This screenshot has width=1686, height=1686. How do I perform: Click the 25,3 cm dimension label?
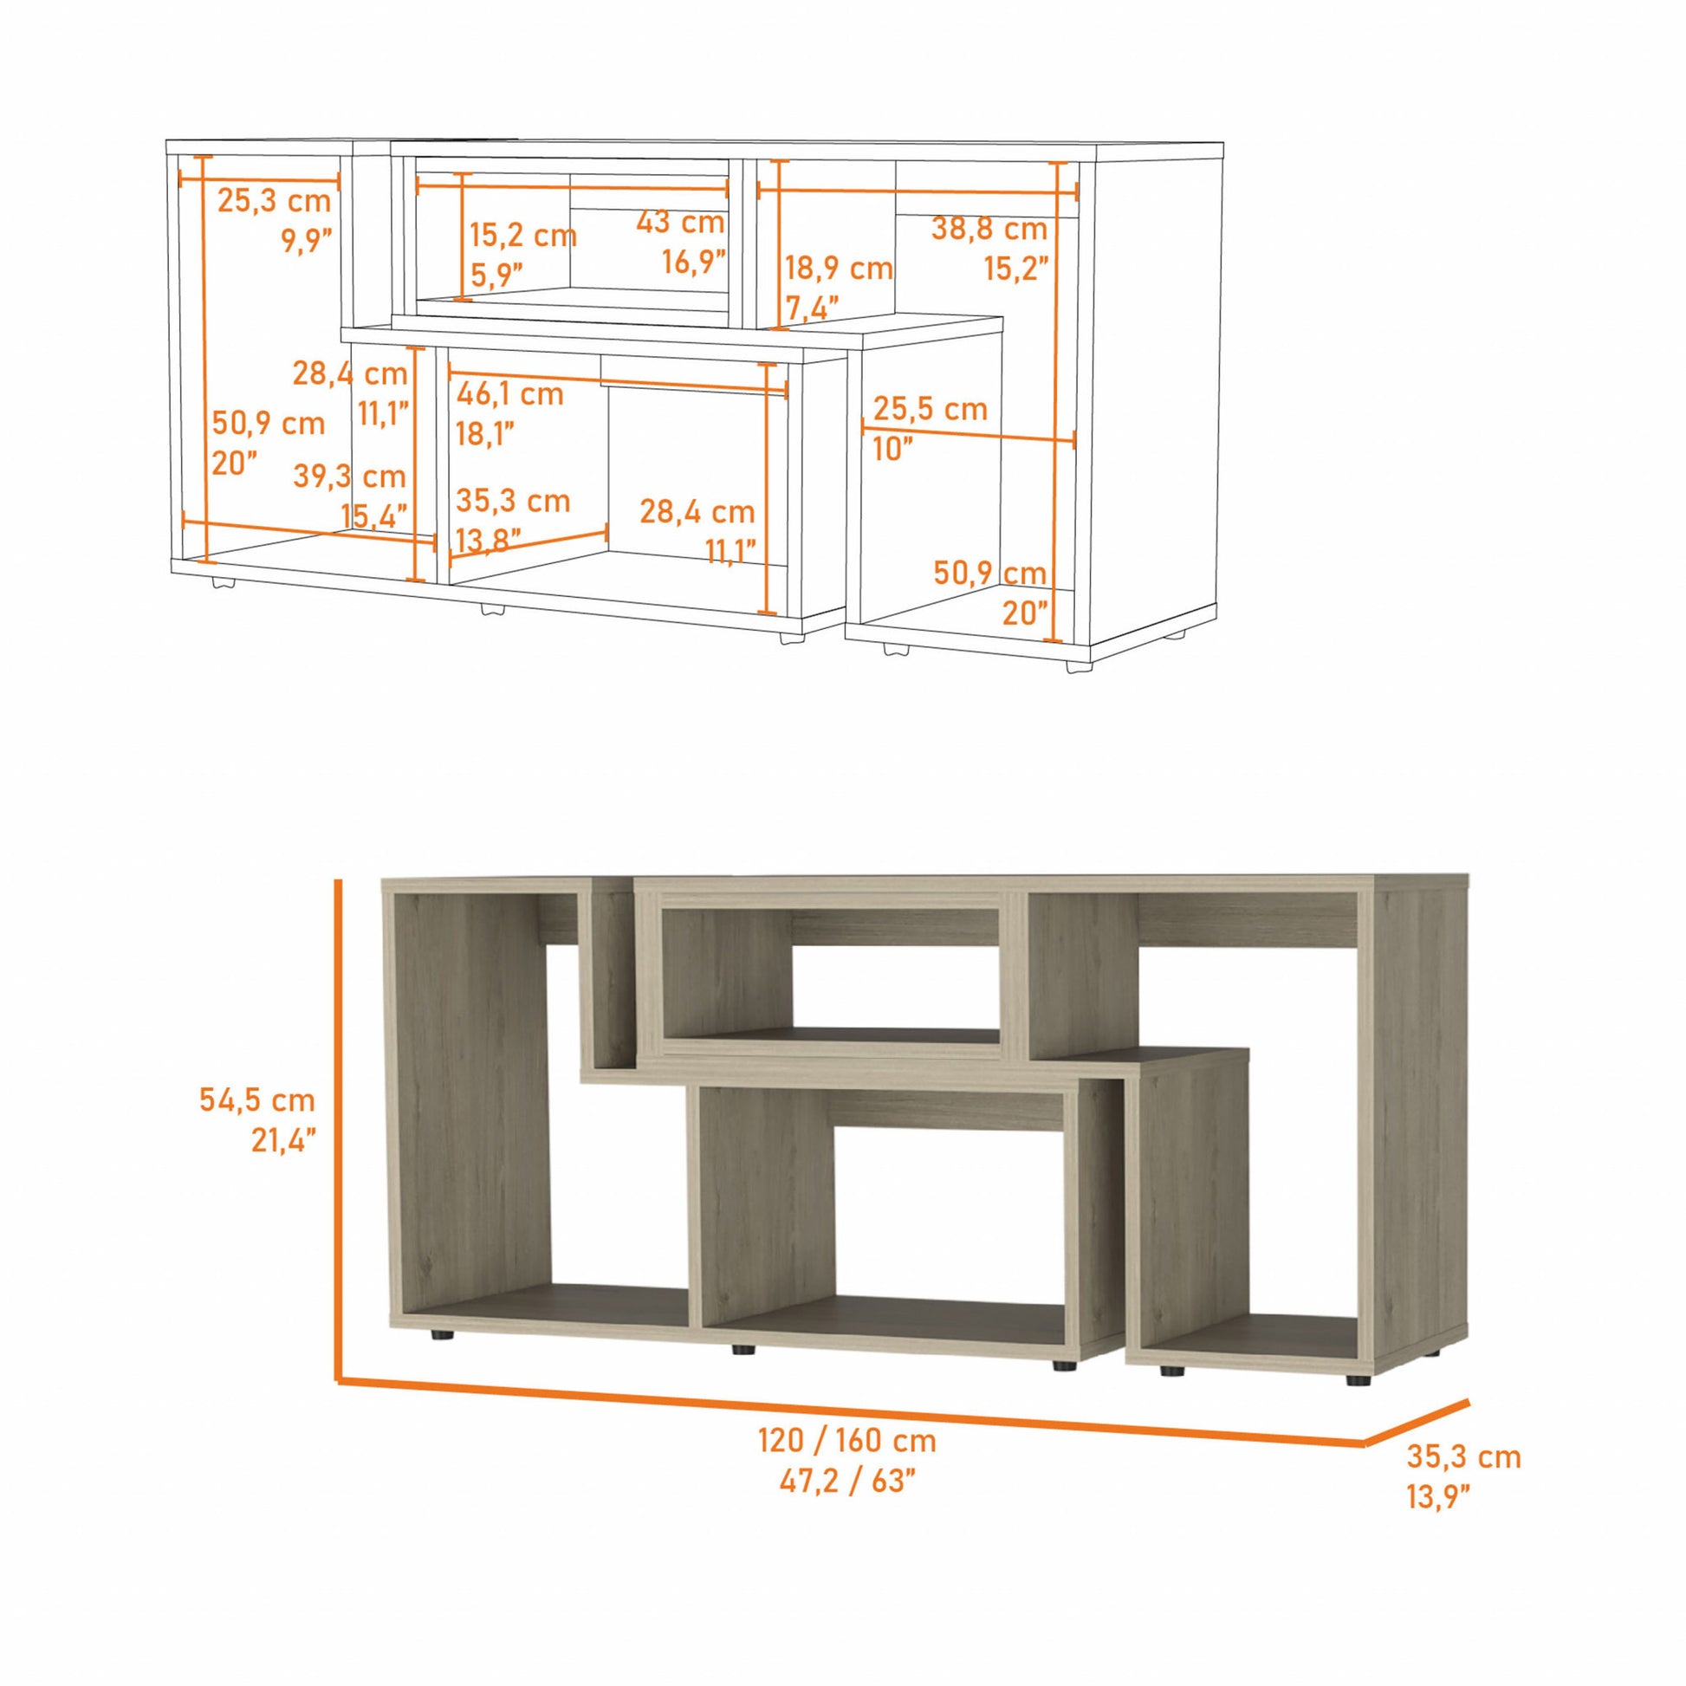[273, 201]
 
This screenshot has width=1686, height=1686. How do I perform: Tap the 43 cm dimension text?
[680, 223]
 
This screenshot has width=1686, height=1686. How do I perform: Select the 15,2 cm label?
[522, 235]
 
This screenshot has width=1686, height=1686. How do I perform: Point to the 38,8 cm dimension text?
[989, 230]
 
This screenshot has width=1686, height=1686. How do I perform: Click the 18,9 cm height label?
[839, 268]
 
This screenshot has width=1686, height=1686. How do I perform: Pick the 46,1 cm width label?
[509, 394]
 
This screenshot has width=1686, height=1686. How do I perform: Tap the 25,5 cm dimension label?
[931, 408]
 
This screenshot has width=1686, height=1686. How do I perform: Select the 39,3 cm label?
[349, 477]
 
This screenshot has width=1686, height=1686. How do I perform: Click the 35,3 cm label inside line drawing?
[512, 501]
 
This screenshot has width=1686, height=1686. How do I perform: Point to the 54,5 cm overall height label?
[256, 1099]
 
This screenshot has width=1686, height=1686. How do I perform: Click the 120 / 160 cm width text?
[846, 1441]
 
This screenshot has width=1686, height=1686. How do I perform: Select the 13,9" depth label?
[1437, 1497]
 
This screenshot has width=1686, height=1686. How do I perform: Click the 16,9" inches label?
[694, 261]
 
